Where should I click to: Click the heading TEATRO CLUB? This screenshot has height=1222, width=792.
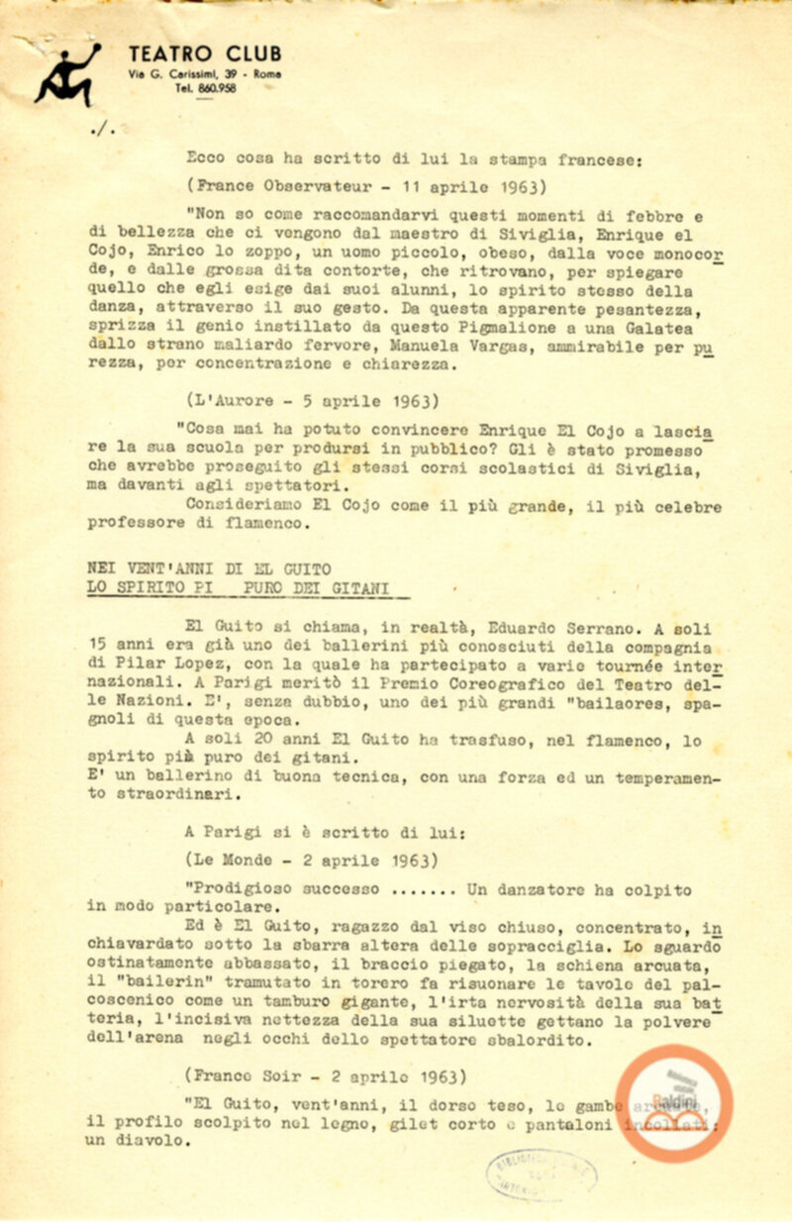point(205,54)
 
